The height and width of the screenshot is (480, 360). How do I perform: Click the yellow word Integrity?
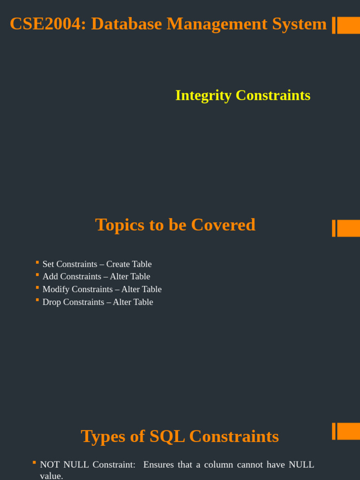tap(203, 95)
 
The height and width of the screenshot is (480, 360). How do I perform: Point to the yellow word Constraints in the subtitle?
tap(273, 95)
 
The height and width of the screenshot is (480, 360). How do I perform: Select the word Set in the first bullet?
tap(48, 264)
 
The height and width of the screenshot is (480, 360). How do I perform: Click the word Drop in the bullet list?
tap(52, 302)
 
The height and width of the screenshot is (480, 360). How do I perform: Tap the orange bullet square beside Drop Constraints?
tap(37, 300)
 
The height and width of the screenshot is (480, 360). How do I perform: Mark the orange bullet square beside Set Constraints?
tap(37, 262)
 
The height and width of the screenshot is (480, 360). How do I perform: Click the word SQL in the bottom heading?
tap(167, 436)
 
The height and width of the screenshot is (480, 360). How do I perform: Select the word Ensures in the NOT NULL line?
tap(158, 465)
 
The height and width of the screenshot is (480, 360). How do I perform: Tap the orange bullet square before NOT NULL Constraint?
tap(34, 463)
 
